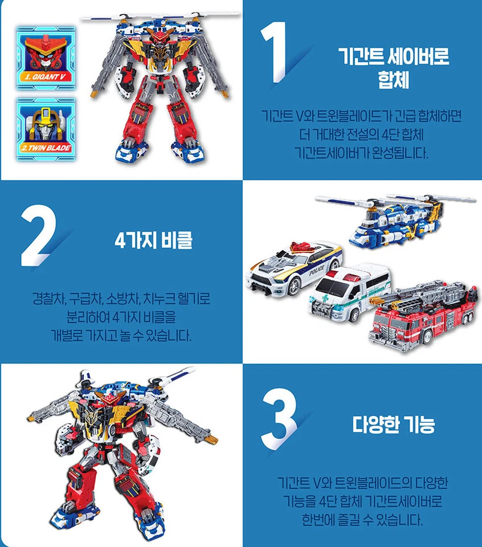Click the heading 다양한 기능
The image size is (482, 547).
click(x=393, y=424)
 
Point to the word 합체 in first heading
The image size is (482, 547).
click(x=394, y=80)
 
